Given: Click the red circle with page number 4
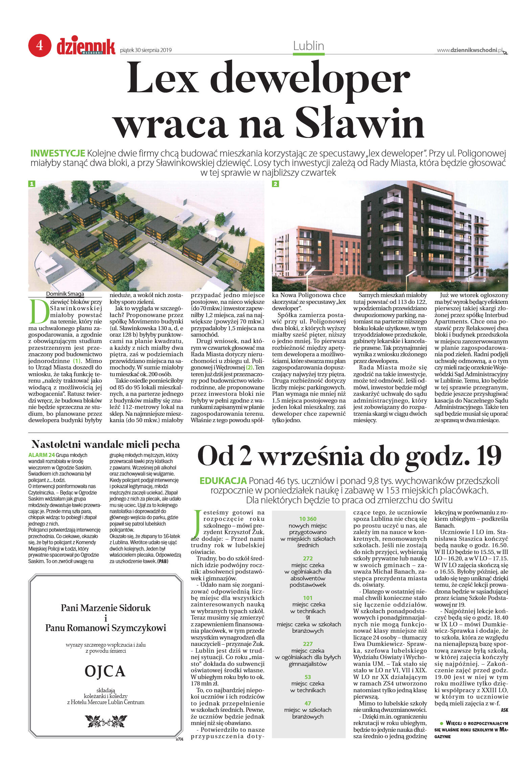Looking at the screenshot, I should [x=40, y=45].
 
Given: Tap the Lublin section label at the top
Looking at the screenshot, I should [x=308, y=46].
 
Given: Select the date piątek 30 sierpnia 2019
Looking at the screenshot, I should [x=146, y=50].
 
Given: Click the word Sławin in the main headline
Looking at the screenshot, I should [x=360, y=123].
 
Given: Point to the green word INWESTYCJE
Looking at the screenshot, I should [x=58, y=153].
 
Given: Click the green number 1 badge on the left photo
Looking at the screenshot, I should [x=32, y=184].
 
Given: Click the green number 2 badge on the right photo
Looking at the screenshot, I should [x=276, y=184].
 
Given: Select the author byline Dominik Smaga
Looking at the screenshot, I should [x=65, y=294].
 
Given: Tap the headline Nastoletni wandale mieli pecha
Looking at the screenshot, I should [x=106, y=444].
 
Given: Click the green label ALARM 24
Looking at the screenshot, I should [x=41, y=455].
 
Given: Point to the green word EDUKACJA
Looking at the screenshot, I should [x=223, y=480].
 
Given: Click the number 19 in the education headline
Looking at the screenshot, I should [x=485, y=456].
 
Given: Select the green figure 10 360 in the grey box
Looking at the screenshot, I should [x=307, y=519].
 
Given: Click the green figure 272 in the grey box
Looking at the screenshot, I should [x=307, y=558].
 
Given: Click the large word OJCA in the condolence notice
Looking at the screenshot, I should [x=105, y=671].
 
